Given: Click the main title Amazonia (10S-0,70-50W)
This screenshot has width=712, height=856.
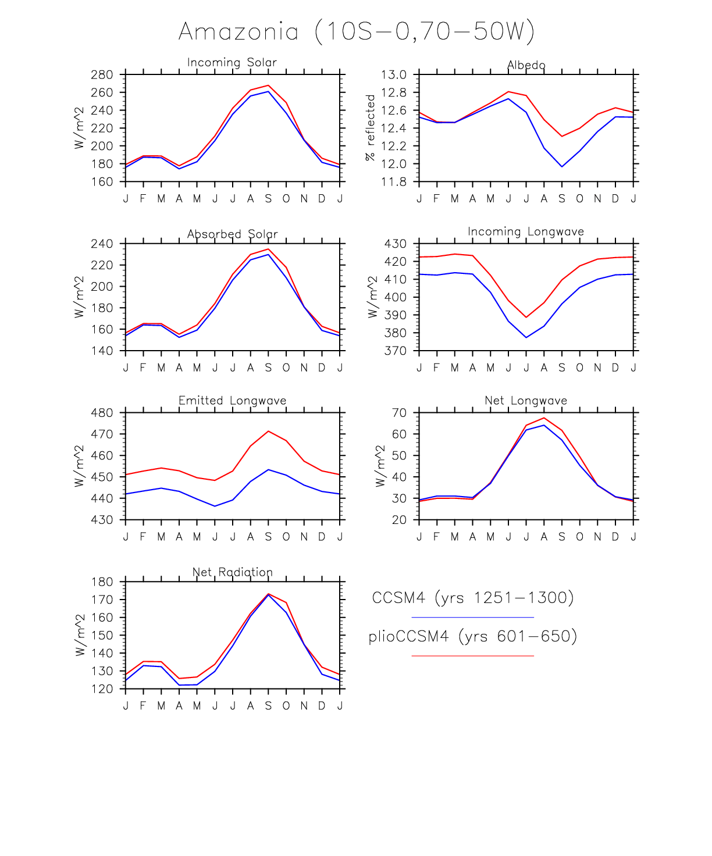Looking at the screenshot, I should [x=356, y=31].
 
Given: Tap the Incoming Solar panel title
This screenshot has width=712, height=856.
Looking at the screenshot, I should [x=232, y=62].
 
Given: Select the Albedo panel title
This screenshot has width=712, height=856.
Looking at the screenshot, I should [x=526, y=65].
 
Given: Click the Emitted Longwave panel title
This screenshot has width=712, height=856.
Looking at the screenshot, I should [x=232, y=401].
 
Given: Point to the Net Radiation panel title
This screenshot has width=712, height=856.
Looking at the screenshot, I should [x=232, y=572].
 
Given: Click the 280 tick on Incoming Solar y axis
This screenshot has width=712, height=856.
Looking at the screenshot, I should [x=102, y=75].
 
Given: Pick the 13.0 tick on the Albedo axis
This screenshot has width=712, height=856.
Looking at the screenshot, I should [x=394, y=75].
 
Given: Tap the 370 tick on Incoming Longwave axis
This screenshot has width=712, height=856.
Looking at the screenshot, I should [x=395, y=351].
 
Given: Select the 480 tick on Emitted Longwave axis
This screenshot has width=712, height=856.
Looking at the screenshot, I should [x=102, y=413].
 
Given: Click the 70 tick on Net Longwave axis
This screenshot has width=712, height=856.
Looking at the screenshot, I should [x=399, y=413].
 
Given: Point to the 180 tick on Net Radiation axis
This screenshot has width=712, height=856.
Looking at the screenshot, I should [x=102, y=582].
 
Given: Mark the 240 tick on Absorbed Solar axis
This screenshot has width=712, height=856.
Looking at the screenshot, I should [x=102, y=244].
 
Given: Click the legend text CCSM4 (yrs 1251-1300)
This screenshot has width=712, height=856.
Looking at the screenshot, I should [x=472, y=598].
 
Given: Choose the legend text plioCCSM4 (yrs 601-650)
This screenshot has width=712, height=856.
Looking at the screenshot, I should [x=472, y=636].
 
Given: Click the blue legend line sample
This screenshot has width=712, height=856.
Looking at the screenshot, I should [x=472, y=617].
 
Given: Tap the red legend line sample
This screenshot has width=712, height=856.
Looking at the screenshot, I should [x=472, y=655].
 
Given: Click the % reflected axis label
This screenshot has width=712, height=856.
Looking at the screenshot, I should [x=370, y=128].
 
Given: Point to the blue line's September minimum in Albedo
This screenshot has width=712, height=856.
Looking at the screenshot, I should [x=562, y=167].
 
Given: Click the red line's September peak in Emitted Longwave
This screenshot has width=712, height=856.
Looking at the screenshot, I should [x=268, y=431].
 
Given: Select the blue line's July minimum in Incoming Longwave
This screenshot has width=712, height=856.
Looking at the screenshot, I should [x=526, y=337].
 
